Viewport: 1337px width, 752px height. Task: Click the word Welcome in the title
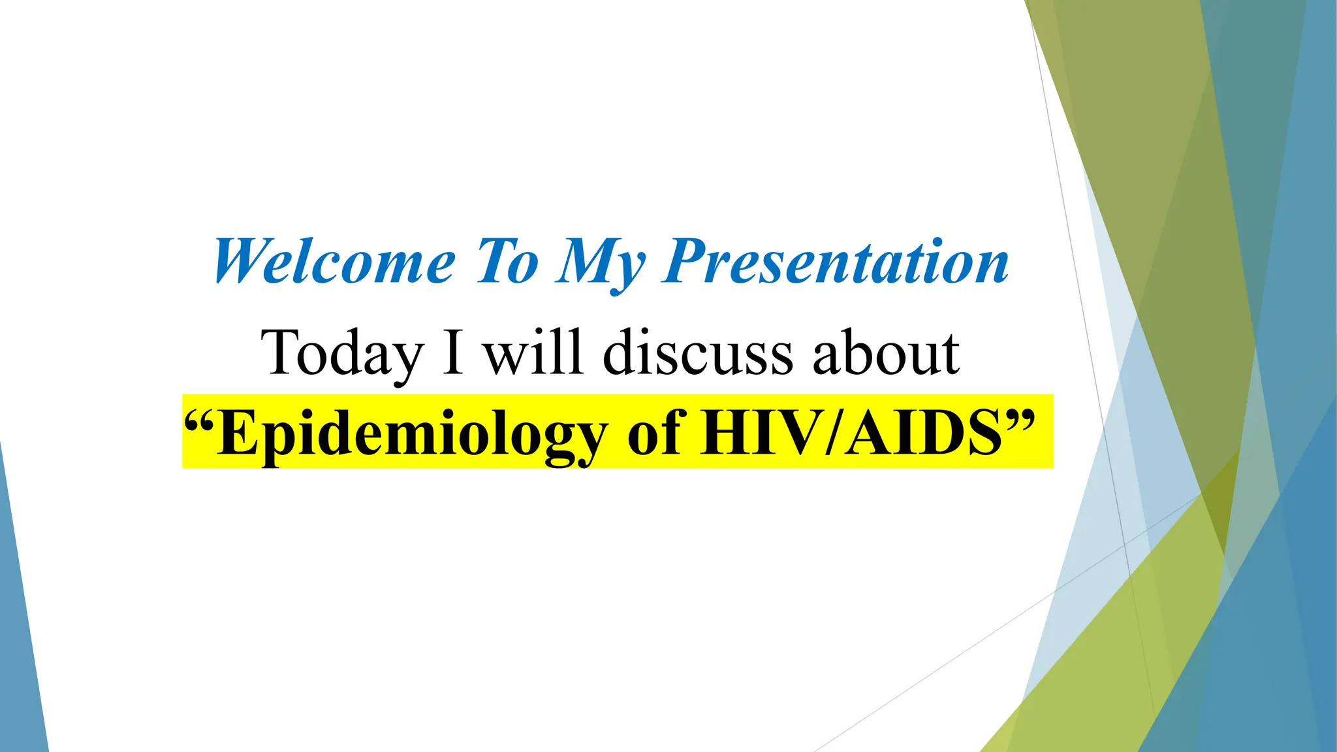point(334,262)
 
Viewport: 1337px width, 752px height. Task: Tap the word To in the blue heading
point(508,262)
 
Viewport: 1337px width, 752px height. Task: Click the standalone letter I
point(453,352)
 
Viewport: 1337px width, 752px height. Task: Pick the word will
point(532,352)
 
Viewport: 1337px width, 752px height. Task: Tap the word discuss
point(698,352)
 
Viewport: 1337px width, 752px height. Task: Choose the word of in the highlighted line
point(655,433)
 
